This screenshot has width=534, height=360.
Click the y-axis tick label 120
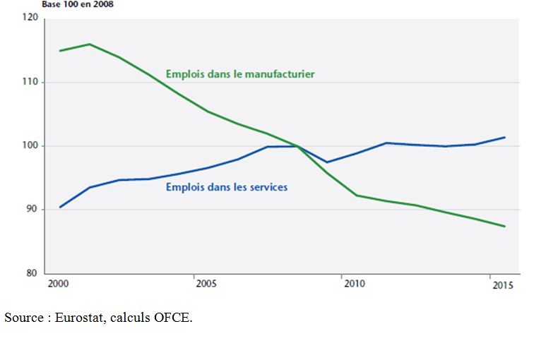click(x=30, y=19)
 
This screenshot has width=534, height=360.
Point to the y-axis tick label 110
click(x=30, y=83)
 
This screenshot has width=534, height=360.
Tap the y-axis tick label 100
click(x=30, y=146)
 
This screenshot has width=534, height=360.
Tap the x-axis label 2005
click(x=204, y=284)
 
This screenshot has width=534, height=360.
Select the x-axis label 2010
click(x=354, y=284)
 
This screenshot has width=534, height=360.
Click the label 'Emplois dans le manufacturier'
click(x=240, y=73)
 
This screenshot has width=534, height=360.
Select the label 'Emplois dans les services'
click(x=227, y=188)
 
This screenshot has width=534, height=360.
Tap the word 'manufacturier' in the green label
click(x=280, y=73)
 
